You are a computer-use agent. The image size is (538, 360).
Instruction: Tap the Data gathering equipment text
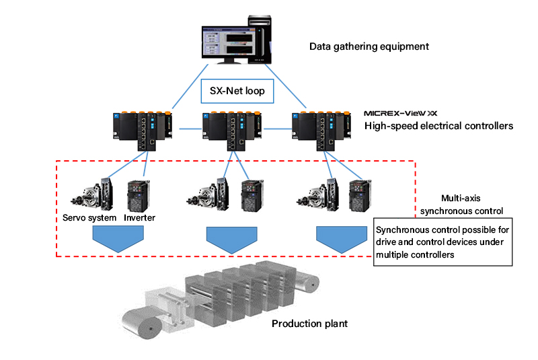pyautogui.click(x=369, y=46)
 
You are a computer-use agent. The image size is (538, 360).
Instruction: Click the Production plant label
pyautogui.click(x=309, y=324)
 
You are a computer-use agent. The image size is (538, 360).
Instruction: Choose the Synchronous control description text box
pyautogui.click(x=443, y=242)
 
